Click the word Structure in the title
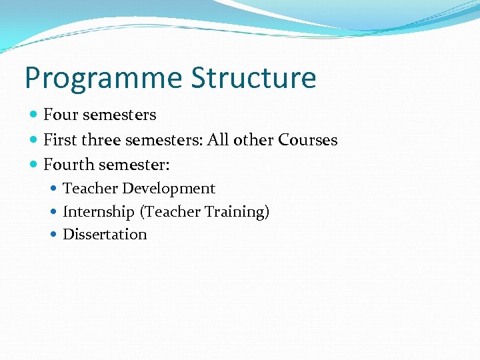point(253,77)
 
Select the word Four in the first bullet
point(61,115)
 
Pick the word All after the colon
point(218,140)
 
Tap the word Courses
point(308,140)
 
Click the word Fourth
point(69,163)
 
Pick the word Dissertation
point(105,235)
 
